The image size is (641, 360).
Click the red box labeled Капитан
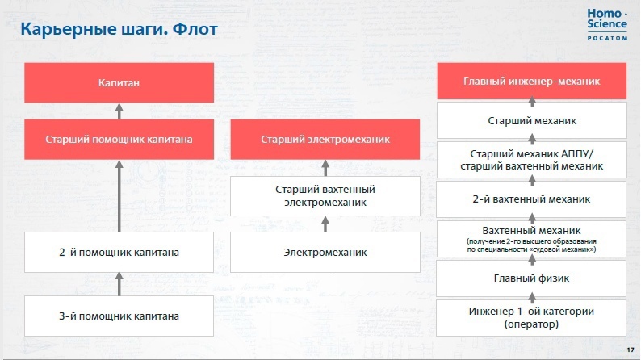point(119,82)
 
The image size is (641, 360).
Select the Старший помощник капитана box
point(119,140)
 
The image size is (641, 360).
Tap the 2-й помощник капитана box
point(119,252)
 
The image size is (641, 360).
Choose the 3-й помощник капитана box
point(119,316)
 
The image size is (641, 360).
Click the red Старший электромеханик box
point(325,140)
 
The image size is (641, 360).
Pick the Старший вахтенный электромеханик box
point(325,196)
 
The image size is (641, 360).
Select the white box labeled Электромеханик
point(325,252)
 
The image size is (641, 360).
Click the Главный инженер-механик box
point(532,81)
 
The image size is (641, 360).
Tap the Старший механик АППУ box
point(532,160)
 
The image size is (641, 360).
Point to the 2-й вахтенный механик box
point(531,199)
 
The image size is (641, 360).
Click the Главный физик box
point(531,278)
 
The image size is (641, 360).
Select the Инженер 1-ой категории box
point(531,317)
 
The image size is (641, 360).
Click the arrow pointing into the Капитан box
point(119,111)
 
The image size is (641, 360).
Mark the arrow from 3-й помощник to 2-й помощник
point(119,283)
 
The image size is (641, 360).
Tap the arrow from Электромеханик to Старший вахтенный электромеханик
point(325,224)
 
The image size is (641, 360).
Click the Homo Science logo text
point(607,19)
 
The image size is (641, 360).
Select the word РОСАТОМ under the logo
point(607,38)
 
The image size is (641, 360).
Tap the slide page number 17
point(630,350)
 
